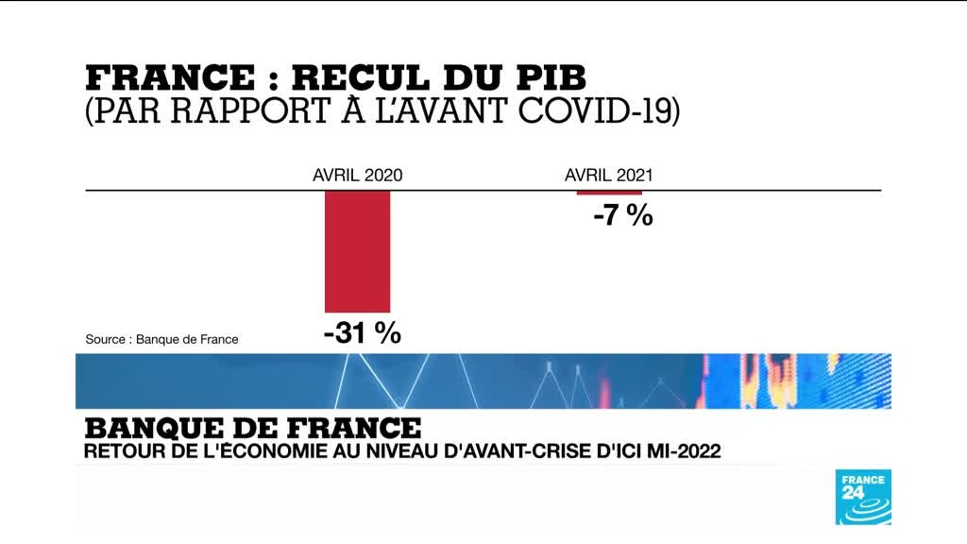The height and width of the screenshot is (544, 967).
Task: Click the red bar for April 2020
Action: click(358, 251)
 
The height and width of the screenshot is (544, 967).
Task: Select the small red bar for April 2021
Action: click(609, 193)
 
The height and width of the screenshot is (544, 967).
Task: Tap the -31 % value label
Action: click(362, 333)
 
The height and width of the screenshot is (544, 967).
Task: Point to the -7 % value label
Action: click(623, 216)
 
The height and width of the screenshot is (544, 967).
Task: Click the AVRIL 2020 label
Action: click(358, 175)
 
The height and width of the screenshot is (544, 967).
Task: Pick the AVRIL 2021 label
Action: click(609, 175)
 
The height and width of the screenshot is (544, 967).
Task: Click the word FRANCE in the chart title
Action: click(170, 76)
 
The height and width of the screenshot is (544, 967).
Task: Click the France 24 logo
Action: click(863, 496)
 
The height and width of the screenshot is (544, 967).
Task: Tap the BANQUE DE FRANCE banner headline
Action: click(251, 427)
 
